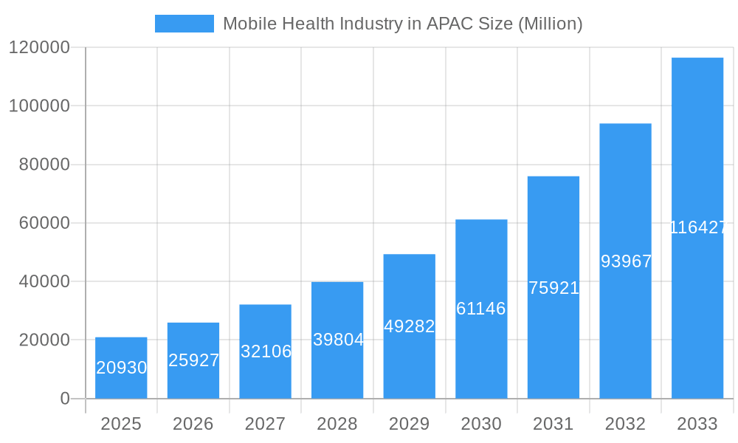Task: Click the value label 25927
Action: (x=193, y=360)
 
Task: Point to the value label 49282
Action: (x=410, y=326)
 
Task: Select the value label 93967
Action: (x=626, y=261)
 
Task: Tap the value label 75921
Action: (x=553, y=288)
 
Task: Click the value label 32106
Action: (x=266, y=351)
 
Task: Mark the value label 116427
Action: (x=698, y=227)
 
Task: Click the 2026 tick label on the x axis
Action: (x=193, y=424)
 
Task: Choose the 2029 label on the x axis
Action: (x=410, y=424)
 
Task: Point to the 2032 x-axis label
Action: (x=626, y=424)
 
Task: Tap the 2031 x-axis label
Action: (x=553, y=424)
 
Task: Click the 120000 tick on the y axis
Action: (x=39, y=48)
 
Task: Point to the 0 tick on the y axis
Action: (x=64, y=399)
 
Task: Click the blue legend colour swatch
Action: (x=184, y=24)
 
